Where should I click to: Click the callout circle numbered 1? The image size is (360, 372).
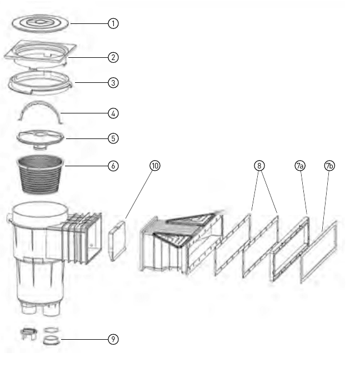tap(113, 23)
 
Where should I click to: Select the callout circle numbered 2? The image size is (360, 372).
tap(113, 57)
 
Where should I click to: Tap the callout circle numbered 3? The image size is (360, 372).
tap(113, 83)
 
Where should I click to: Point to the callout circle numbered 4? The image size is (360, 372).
tap(113, 113)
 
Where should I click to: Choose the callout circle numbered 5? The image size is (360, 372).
tap(113, 138)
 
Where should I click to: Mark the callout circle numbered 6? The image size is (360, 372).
tap(113, 166)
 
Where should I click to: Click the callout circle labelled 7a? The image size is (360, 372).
tap(300, 166)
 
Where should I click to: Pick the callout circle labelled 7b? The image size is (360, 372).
tap(329, 166)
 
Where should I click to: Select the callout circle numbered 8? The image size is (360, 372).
tap(259, 166)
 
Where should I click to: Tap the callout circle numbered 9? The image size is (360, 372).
tap(113, 339)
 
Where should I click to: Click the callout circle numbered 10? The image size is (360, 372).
tap(155, 166)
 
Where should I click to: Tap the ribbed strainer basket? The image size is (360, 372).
tap(40, 175)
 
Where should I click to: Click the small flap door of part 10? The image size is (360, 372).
tap(117, 241)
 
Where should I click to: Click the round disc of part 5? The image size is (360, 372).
tap(40, 137)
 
